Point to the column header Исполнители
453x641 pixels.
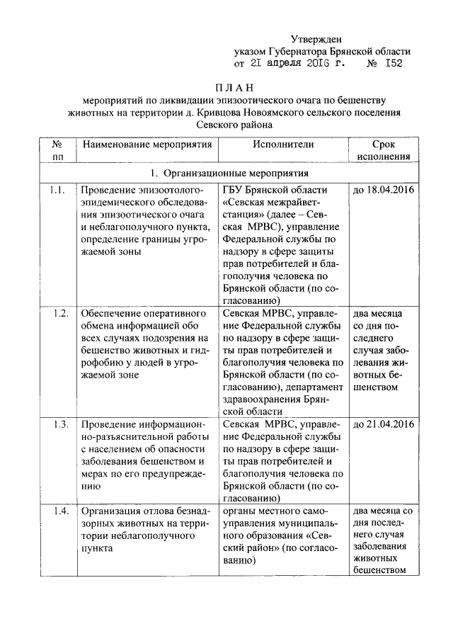[282, 144]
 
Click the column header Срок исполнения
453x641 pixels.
[383, 150]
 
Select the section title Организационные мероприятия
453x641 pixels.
[237, 173]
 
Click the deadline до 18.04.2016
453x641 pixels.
[382, 190]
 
